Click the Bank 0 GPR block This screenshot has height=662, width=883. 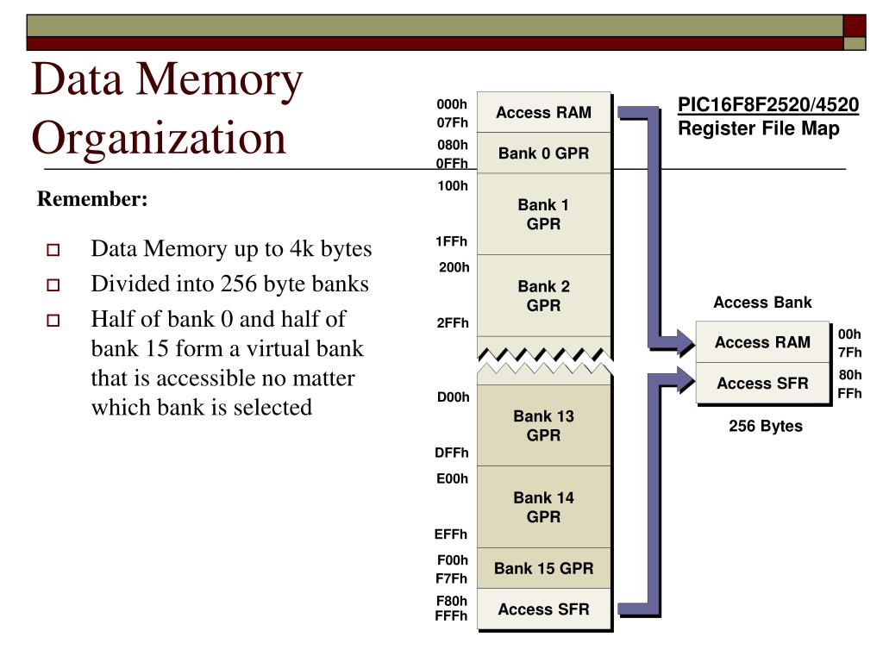click(x=543, y=153)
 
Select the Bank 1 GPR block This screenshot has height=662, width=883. click(x=543, y=214)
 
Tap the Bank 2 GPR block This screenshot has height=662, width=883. click(x=543, y=296)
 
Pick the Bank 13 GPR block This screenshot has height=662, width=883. click(x=543, y=425)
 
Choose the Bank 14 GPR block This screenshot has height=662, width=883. click(x=543, y=507)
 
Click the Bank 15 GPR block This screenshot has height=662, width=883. click(x=543, y=568)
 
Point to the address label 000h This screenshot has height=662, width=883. click(x=452, y=104)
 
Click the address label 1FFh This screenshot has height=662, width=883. click(x=452, y=241)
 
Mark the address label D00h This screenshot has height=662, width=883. click(x=453, y=397)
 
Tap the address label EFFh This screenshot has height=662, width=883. click(x=451, y=534)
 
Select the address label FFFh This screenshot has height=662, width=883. click(x=451, y=615)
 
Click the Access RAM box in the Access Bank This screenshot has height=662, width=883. click(x=762, y=342)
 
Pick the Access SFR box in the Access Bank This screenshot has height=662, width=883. click(x=762, y=384)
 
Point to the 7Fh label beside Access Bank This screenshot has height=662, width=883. click(x=849, y=353)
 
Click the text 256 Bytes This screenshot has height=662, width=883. click(x=766, y=426)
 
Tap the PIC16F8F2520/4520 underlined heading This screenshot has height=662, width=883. click(x=767, y=105)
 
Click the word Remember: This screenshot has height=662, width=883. click(x=92, y=199)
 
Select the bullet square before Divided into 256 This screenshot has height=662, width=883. click(x=53, y=285)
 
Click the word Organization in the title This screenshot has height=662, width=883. click(x=159, y=138)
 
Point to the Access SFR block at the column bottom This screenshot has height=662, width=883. click(x=543, y=609)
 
